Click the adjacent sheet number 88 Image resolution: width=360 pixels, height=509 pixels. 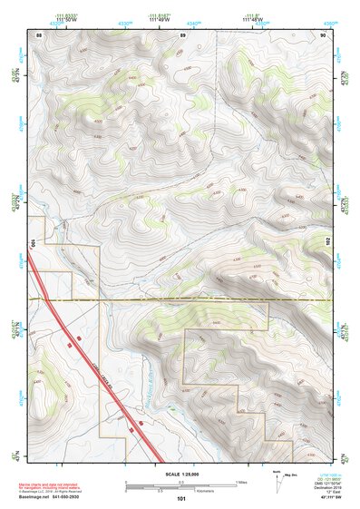click(39, 34)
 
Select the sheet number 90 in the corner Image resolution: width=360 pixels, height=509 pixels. click(323, 34)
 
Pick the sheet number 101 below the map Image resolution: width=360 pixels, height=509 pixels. click(181, 498)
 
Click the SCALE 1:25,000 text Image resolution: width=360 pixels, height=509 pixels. click(180, 474)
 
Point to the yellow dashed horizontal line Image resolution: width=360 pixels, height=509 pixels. click(181, 298)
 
